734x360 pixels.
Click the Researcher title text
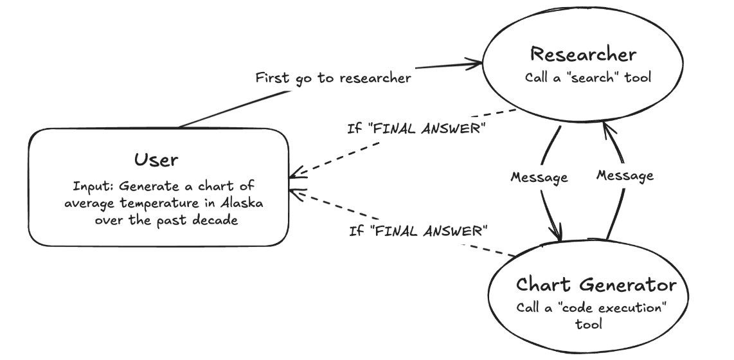click(x=584, y=54)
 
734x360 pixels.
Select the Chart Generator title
click(x=596, y=284)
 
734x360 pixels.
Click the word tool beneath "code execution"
click(x=588, y=325)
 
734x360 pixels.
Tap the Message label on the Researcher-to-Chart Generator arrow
click(x=539, y=177)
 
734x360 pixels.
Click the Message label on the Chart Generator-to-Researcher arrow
click(x=625, y=175)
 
